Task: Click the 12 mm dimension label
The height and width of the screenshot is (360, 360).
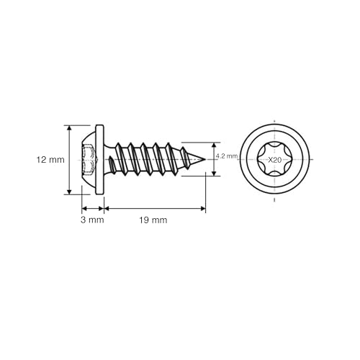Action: point(50,160)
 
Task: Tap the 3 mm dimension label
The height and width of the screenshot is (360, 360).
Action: point(92,220)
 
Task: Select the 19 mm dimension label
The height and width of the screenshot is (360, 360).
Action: point(153,220)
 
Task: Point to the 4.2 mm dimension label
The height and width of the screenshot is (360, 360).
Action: point(227,156)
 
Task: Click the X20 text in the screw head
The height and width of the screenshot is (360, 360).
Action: point(274,160)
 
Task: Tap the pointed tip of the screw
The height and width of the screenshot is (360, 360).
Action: point(204,159)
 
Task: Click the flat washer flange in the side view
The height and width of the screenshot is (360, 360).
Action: point(99,160)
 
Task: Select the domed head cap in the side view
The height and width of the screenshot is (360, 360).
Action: point(89,160)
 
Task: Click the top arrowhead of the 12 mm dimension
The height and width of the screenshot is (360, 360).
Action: point(69,128)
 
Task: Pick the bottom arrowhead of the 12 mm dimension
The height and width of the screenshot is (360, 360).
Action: point(69,192)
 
